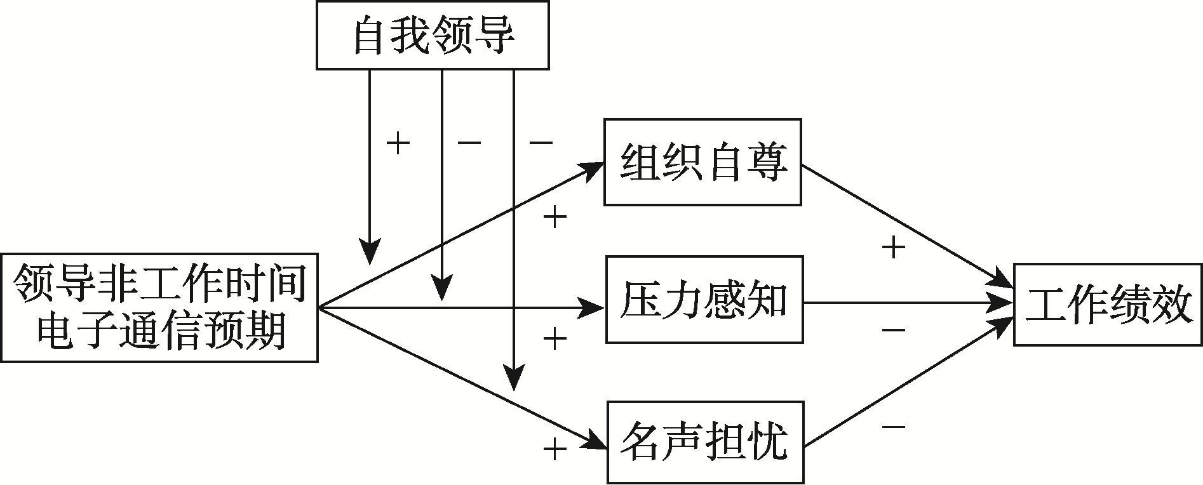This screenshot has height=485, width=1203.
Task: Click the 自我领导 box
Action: click(x=433, y=36)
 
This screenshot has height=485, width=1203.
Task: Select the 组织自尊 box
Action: click(x=702, y=162)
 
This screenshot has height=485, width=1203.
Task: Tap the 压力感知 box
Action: click(x=704, y=300)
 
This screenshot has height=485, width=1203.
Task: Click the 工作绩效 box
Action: click(x=1108, y=304)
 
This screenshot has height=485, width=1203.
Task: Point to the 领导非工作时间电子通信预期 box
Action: click(x=159, y=308)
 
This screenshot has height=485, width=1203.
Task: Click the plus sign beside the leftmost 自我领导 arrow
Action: click(x=398, y=143)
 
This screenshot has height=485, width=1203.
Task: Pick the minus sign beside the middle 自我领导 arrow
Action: click(x=469, y=143)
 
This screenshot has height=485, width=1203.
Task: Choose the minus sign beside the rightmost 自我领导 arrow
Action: click(x=541, y=143)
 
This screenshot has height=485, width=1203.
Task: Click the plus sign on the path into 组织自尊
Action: click(x=554, y=218)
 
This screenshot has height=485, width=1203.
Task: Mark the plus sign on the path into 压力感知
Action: click(x=554, y=338)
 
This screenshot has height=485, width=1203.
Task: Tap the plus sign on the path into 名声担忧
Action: click(x=554, y=450)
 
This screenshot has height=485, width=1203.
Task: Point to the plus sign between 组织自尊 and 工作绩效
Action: click(x=893, y=248)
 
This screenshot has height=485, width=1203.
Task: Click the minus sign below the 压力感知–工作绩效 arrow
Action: click(x=893, y=330)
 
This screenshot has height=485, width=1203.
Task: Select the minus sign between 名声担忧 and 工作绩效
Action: click(x=893, y=426)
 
